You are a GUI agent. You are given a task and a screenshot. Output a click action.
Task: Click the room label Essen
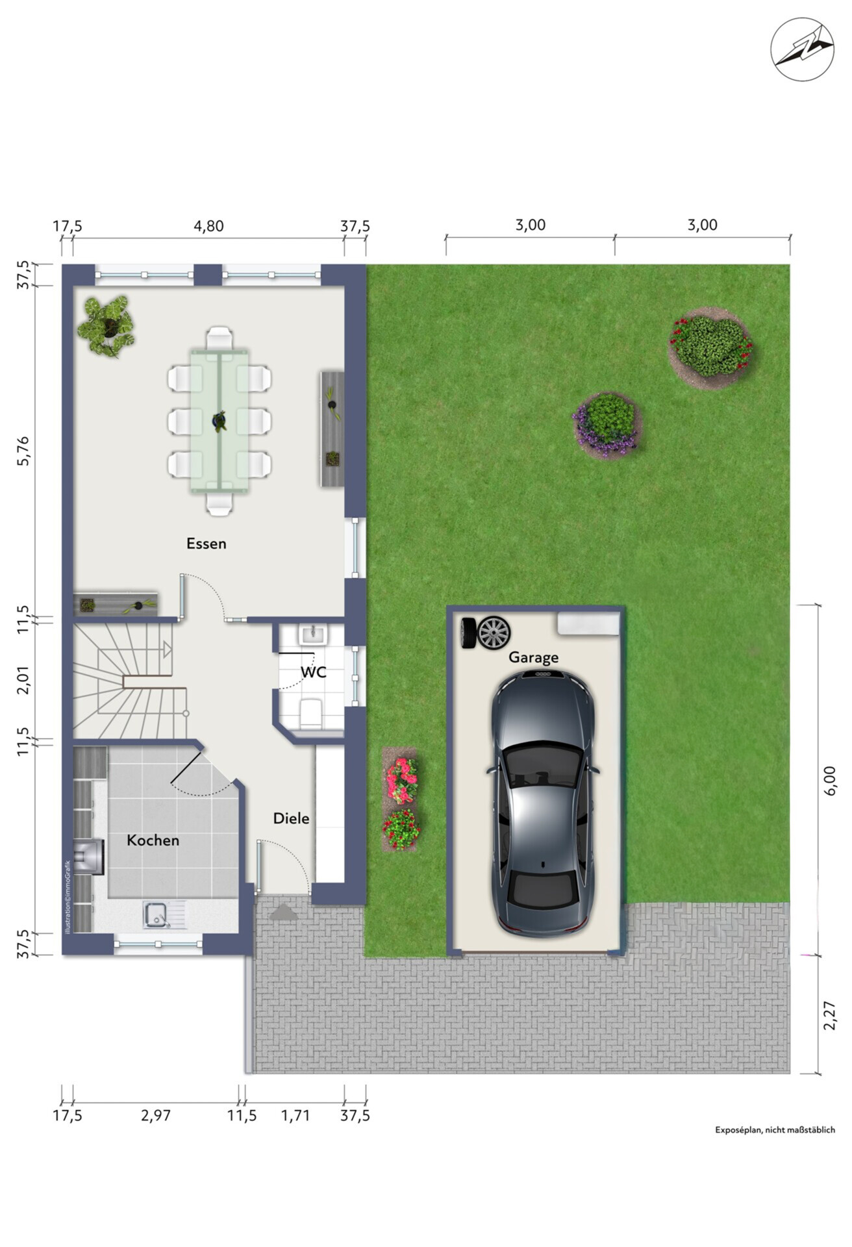click(x=207, y=544)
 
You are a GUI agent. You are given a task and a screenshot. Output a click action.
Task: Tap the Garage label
click(x=533, y=657)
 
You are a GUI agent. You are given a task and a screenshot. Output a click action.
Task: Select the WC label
click(x=314, y=672)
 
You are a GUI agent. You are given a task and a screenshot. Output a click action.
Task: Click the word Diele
click(x=291, y=818)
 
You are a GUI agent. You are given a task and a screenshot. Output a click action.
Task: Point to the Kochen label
click(x=153, y=840)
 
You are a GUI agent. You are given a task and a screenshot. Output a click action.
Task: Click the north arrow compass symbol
click(x=803, y=49)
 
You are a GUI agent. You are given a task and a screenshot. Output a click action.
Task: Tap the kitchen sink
click(x=156, y=915)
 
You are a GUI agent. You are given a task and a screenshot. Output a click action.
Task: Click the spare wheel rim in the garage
click(x=494, y=633)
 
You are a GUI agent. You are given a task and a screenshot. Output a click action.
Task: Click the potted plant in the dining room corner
click(x=106, y=326)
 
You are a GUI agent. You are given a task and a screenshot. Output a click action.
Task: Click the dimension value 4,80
click(x=208, y=226)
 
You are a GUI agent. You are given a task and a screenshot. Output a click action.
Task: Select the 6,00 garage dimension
click(x=829, y=779)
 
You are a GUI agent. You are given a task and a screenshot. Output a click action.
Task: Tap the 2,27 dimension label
click(x=829, y=1014)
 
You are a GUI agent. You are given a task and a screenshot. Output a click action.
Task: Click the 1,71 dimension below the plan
click(x=295, y=1116)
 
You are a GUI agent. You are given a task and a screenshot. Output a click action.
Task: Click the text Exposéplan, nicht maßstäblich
click(x=775, y=1130)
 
